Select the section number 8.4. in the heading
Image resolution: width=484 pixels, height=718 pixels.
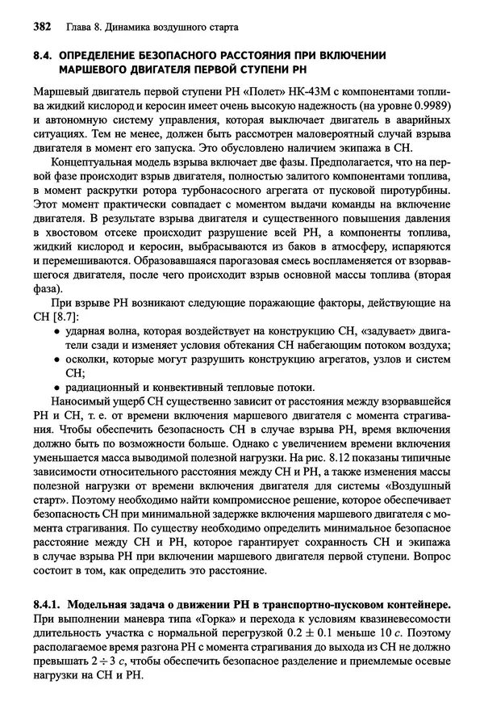coord(44,55)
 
